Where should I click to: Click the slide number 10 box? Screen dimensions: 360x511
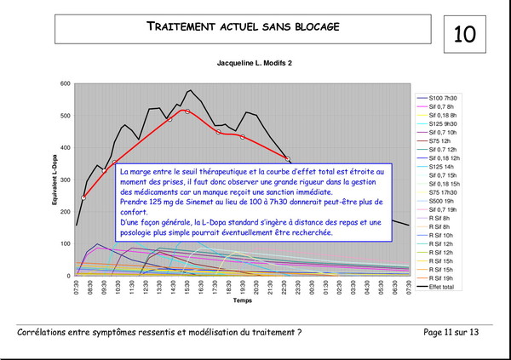464,33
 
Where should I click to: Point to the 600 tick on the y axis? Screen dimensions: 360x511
66,83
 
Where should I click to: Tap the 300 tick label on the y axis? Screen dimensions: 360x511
66,180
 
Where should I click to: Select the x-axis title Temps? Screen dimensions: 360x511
244,300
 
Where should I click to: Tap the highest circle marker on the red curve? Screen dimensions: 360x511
187,111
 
